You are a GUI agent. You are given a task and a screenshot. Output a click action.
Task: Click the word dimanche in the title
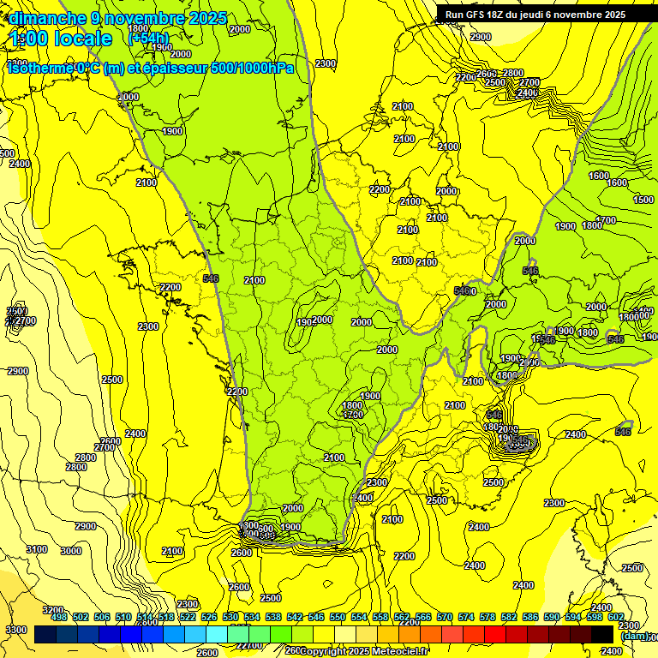point(48,18)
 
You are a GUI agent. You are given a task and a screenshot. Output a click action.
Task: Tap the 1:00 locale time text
point(62,39)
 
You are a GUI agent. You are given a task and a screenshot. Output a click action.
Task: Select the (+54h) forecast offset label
point(148,39)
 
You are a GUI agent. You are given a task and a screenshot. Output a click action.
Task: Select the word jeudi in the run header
point(539,15)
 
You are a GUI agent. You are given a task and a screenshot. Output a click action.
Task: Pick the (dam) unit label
point(633,635)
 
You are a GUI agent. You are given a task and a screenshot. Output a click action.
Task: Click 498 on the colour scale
point(59,617)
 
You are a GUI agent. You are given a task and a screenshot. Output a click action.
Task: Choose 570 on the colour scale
point(445,617)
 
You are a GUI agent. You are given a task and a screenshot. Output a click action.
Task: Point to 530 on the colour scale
point(230,617)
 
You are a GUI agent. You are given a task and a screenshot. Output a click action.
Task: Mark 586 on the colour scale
point(530,617)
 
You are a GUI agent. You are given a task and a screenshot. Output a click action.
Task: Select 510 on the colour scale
point(123,617)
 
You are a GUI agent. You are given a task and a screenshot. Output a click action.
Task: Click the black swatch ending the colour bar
point(602,634)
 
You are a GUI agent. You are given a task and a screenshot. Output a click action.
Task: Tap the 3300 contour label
point(15,630)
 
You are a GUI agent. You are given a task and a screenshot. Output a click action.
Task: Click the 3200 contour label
point(53,610)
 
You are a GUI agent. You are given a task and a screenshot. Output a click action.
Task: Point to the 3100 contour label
point(36,549)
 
